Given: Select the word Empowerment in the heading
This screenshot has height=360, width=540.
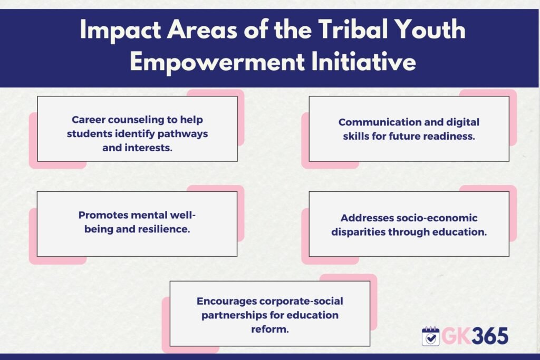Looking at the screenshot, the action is click(x=217, y=63).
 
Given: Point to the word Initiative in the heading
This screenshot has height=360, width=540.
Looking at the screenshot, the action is click(x=363, y=62).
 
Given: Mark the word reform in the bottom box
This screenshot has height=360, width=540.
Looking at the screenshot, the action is click(x=269, y=329).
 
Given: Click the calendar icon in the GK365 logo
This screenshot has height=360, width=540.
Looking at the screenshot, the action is click(x=430, y=336).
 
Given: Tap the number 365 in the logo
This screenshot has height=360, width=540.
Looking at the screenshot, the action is click(x=490, y=336).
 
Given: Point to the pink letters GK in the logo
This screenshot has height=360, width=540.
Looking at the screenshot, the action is click(x=456, y=336).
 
